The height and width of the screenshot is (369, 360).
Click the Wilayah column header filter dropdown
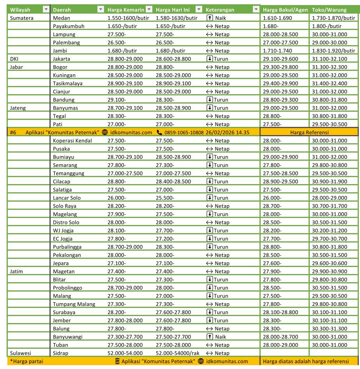coord(46,10)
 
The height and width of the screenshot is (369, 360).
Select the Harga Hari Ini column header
coord(173,10)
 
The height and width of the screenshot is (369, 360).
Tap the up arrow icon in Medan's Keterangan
coord(210,18)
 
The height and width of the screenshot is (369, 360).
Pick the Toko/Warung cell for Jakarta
coord(329,59)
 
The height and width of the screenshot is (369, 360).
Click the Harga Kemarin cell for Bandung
coord(116,100)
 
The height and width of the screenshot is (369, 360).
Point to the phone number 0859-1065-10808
coord(183,132)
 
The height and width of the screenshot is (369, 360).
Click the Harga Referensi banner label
coord(309,132)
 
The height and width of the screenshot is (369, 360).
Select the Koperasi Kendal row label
coord(69,141)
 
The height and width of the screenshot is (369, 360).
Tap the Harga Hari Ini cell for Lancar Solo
coord(165,198)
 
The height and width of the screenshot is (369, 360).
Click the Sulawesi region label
coord(20,353)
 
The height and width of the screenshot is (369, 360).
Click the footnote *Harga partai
coord(26,361)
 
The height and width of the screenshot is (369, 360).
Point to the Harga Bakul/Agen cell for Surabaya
coord(281,312)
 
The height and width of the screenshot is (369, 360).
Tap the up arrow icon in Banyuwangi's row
coord(210,337)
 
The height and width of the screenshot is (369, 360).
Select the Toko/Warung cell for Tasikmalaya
coord(329,83)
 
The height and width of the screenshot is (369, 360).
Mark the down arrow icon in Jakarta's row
coord(210,59)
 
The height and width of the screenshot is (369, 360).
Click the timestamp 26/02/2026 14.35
coord(228,132)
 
